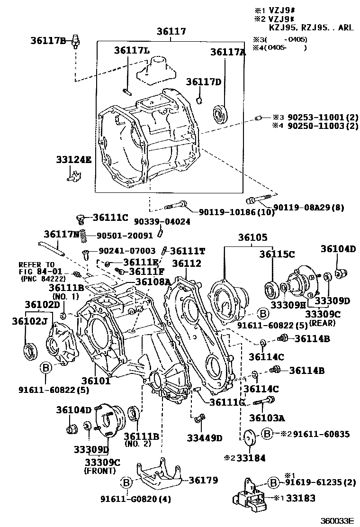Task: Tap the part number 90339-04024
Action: click(162, 221)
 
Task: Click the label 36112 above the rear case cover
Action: click(186, 263)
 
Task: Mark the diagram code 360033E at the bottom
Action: click(337, 521)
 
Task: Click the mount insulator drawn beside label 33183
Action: click(248, 497)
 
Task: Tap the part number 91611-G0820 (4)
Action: click(135, 499)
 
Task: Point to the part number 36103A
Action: click(268, 418)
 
